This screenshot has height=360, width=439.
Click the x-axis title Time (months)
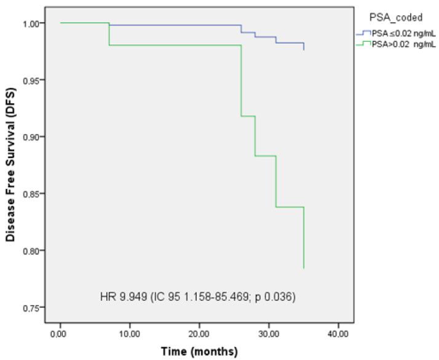click(x=199, y=352)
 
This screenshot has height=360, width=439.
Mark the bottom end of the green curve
click(x=304, y=268)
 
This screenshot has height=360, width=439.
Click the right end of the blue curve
click(x=304, y=50)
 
